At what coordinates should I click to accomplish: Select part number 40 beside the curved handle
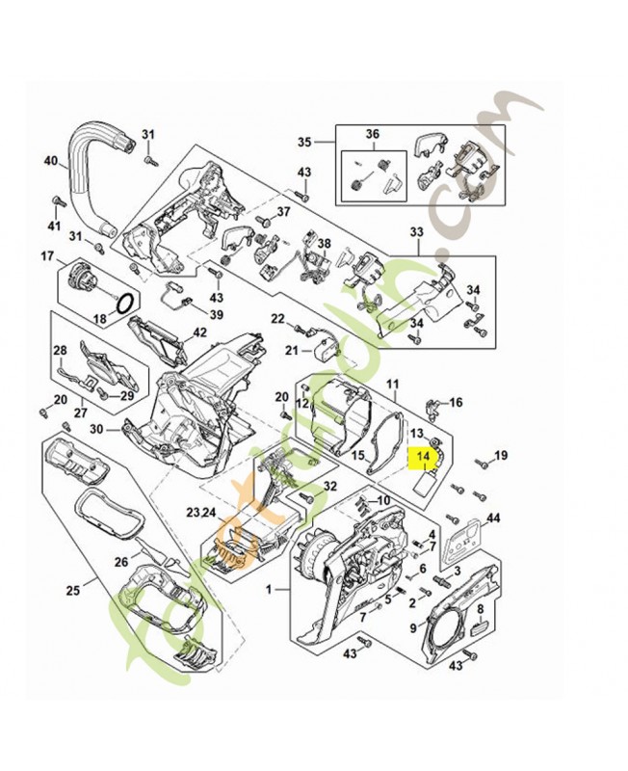pos(51,161)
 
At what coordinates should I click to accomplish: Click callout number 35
pos(304,142)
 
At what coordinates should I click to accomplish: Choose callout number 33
pos(416,232)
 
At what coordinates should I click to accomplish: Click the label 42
pos(199,332)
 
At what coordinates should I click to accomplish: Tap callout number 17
pos(46,255)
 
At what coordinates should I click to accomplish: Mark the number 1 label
pos(255,587)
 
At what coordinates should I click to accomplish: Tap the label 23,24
pos(202,513)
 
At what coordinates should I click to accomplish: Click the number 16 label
pos(456,403)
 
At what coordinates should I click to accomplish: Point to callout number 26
pos(121,561)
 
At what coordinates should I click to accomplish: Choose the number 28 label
pos(59,350)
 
